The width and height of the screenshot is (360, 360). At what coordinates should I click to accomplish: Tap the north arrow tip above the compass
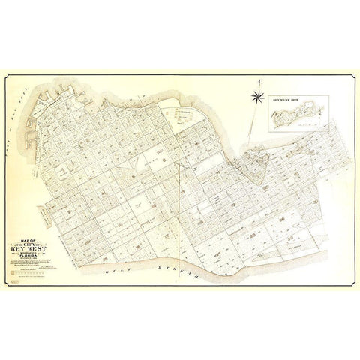pyautogui.click(x=258, y=80)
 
